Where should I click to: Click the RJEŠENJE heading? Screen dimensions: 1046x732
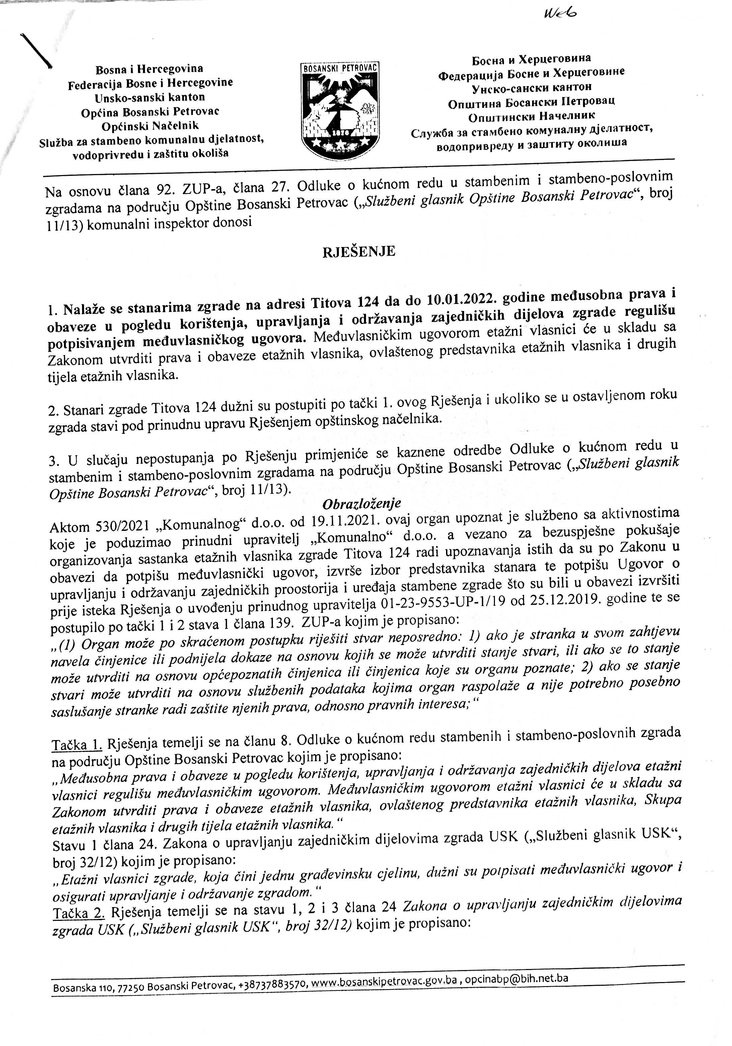coord(359,251)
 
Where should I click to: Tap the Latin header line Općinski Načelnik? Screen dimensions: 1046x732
coord(150,126)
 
